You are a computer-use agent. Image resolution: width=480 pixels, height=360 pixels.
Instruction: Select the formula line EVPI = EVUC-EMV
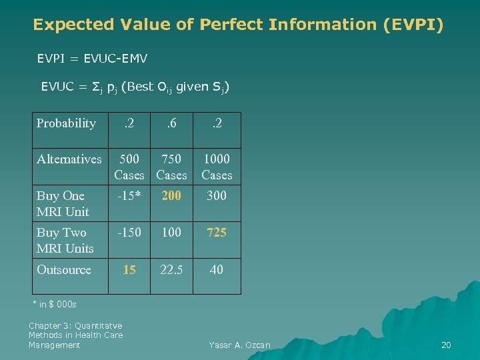click(92, 59)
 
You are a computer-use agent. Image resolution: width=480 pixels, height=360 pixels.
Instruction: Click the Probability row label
click(66, 123)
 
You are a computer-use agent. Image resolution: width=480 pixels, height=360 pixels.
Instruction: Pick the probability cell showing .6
click(171, 123)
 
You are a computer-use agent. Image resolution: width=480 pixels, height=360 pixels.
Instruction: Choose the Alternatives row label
click(69, 159)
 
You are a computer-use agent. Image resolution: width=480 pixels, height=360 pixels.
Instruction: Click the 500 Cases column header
click(129, 167)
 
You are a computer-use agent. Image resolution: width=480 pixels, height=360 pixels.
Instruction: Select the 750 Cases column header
click(171, 167)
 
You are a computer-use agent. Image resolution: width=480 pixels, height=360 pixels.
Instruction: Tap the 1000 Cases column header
click(217, 167)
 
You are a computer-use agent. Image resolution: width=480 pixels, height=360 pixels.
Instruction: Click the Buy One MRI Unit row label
click(63, 203)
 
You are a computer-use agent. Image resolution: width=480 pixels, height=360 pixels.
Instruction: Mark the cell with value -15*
click(129, 196)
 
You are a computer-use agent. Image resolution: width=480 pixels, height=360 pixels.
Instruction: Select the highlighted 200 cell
click(171, 196)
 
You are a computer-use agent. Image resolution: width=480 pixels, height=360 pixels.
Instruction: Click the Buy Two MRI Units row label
click(65, 240)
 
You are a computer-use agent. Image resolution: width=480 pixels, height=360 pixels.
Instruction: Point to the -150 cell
click(129, 233)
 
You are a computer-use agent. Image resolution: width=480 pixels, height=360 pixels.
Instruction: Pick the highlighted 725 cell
click(217, 233)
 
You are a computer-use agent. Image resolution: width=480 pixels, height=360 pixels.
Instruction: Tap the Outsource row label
click(64, 270)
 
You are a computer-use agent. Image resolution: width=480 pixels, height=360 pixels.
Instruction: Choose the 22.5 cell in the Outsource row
click(171, 270)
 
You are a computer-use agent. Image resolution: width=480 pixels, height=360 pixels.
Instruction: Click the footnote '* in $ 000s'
click(55, 305)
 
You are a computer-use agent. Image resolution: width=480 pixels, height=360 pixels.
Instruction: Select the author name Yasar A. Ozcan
click(239, 345)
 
